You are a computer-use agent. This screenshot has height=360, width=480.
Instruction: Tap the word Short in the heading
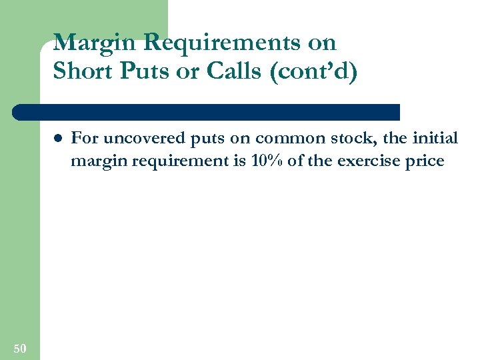click(x=83, y=71)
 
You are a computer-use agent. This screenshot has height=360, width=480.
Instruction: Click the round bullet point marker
click(x=58, y=139)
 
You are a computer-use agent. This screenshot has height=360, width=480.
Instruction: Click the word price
click(x=425, y=162)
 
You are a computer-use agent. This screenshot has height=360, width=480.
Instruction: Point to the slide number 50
click(x=19, y=348)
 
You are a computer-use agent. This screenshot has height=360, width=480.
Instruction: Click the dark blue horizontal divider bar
click(x=207, y=111)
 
